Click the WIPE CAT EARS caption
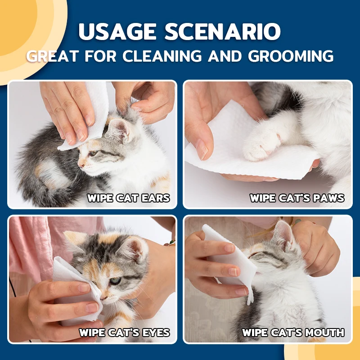(x=128, y=198)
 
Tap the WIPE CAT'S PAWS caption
(x=297, y=198)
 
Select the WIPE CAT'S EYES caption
(x=124, y=333)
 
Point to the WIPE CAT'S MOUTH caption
(x=293, y=333)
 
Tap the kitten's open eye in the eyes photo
(x=116, y=281)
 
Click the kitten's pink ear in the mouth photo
(x=283, y=236)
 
